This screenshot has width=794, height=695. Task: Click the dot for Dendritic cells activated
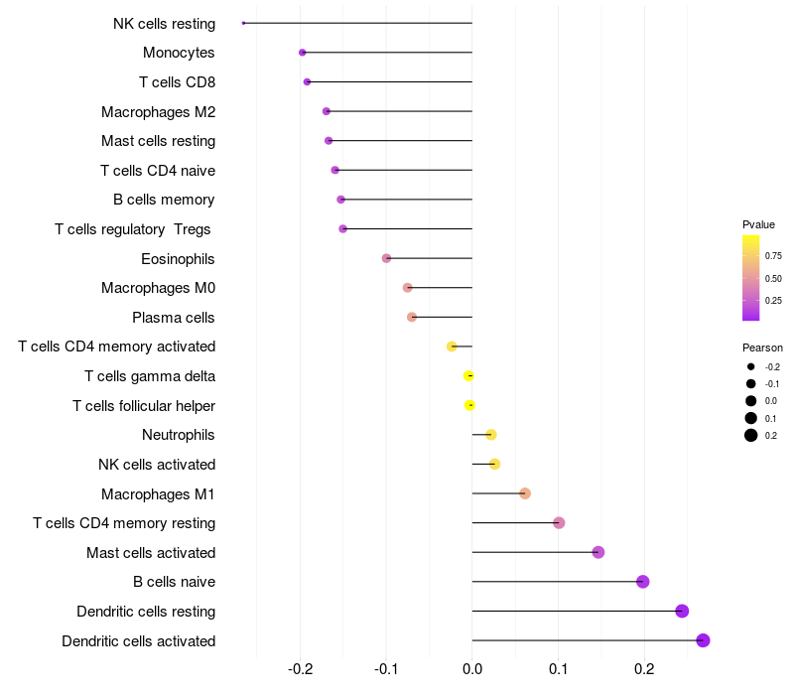(x=703, y=640)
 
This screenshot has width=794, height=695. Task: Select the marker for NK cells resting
(x=243, y=23)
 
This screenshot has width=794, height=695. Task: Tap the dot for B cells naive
(x=642, y=582)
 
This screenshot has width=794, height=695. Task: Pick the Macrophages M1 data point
(x=525, y=493)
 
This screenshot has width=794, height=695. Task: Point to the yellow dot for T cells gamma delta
(x=468, y=375)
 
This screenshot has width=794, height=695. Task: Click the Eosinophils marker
(x=386, y=258)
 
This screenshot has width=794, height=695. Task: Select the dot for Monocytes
(x=303, y=53)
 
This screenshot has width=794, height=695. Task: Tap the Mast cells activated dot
(x=598, y=552)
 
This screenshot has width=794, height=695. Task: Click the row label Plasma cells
(x=174, y=318)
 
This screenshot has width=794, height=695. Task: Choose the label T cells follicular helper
(x=144, y=405)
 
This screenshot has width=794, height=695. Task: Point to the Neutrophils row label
(x=179, y=435)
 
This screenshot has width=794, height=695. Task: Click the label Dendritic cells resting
(x=146, y=612)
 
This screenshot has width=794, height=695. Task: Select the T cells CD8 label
(x=177, y=81)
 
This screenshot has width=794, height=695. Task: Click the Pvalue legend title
(x=758, y=224)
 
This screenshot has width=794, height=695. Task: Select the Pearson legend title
(x=762, y=347)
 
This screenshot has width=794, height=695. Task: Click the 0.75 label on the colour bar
(x=773, y=255)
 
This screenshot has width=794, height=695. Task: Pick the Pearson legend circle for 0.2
(x=751, y=435)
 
